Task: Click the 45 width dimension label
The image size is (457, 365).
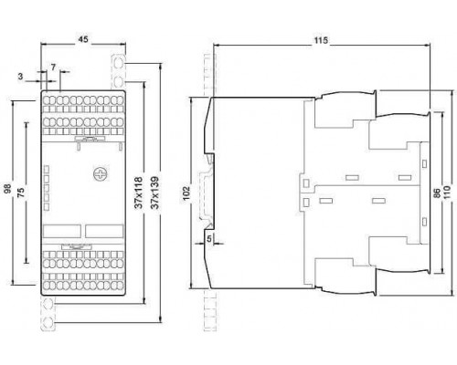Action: pos(83,39)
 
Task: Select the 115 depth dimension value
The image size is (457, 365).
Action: pos(321,40)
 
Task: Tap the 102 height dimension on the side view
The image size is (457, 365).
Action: pos(186,193)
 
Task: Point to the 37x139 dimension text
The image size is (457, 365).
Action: pos(155,193)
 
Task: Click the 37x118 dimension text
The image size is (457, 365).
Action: pos(139,193)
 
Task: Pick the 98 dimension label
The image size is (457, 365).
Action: pos(7,188)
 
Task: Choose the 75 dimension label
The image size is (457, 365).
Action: pos(21,193)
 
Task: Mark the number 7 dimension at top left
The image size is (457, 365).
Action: pos(54,68)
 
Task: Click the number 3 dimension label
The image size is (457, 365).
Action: pos(20,77)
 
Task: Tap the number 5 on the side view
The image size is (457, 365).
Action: pos(209,239)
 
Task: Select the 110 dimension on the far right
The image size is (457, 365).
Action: pos(447,192)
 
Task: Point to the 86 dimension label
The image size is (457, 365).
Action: pos(437,193)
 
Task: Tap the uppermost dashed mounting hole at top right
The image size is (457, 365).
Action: pos(119,64)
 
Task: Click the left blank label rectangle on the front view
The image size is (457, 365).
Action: pos(62,231)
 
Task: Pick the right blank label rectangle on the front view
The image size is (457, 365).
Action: pos(104,231)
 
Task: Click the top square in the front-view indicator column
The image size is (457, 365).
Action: pos(47,169)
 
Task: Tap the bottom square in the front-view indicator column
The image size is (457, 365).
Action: pos(47,207)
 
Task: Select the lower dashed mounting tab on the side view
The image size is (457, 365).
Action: pos(210,310)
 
